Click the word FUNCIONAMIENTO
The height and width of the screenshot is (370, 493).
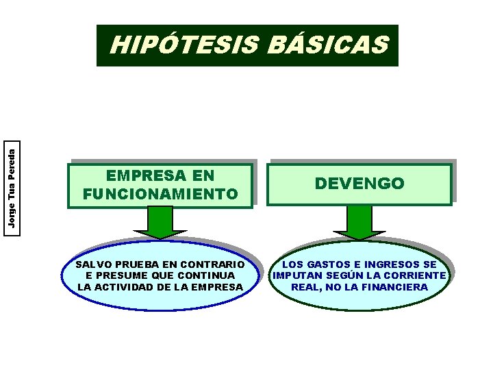tap(160, 195)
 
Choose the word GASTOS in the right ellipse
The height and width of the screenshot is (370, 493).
tap(325, 264)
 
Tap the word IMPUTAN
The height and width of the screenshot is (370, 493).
tap(296, 275)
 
